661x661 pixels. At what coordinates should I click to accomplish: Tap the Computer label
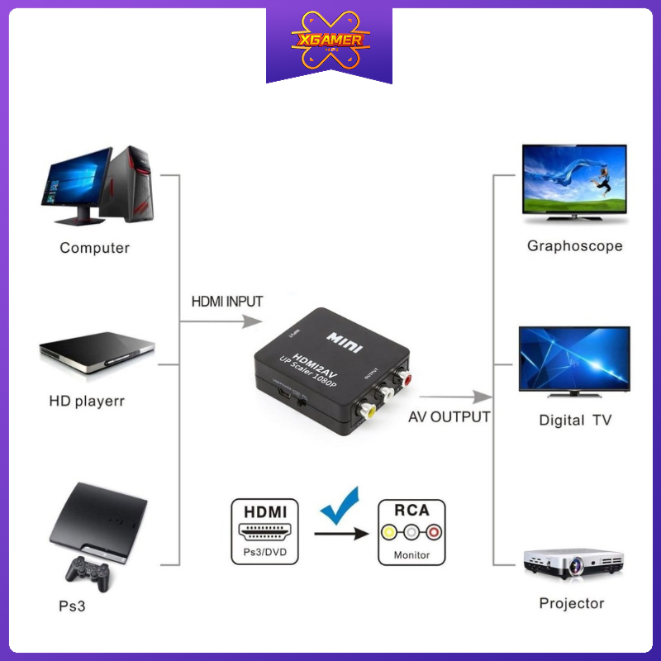tap(94, 248)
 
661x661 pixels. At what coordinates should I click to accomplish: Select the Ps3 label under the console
tap(72, 606)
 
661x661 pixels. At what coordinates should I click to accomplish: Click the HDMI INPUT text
tap(227, 302)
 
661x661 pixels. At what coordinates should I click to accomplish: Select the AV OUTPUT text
tap(449, 416)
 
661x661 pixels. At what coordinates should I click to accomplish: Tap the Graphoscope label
tap(575, 246)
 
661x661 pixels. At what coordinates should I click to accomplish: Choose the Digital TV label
tap(575, 420)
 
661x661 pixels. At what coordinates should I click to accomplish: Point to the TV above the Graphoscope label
tap(574, 182)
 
